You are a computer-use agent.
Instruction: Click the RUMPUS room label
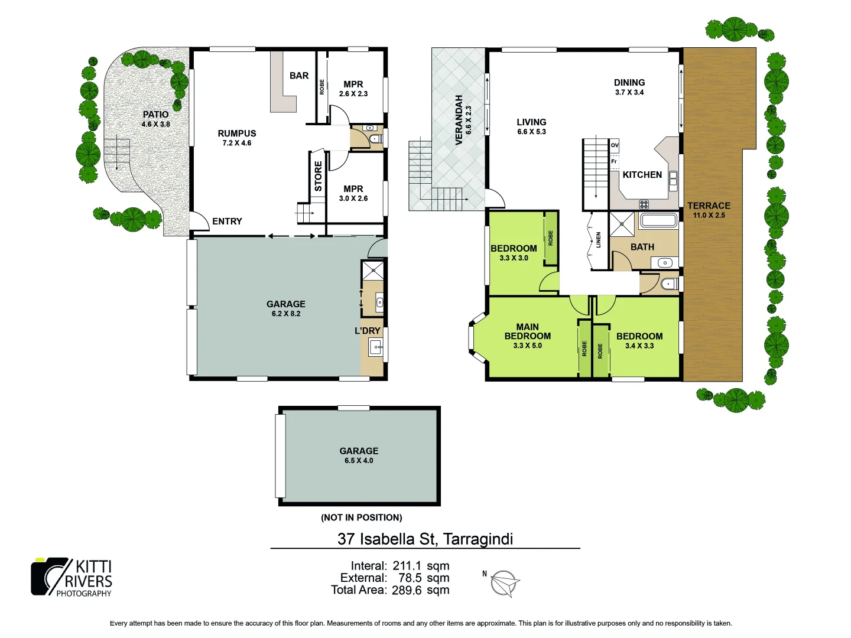(236, 134)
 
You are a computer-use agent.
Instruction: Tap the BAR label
(299, 76)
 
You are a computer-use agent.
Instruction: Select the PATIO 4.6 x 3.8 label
(155, 119)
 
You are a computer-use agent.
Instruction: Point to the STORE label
(318, 177)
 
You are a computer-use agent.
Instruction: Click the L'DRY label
(367, 331)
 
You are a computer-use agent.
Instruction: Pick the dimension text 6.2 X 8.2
(286, 314)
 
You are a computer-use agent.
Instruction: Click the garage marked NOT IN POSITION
(359, 455)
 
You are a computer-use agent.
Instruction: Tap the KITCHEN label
(642, 175)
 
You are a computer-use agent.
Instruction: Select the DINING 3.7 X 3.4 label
(629, 87)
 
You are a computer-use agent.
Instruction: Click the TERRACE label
(709, 206)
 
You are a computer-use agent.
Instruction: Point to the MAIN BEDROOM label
(527, 331)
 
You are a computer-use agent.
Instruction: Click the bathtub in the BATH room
(658, 222)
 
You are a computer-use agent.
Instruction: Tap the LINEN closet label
(598, 239)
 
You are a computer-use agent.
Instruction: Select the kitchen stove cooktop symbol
(644, 204)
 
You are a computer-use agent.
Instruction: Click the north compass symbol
(505, 584)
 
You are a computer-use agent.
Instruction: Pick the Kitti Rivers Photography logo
(72, 577)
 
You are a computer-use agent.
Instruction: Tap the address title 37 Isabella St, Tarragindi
(425, 539)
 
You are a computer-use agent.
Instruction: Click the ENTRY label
(227, 222)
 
